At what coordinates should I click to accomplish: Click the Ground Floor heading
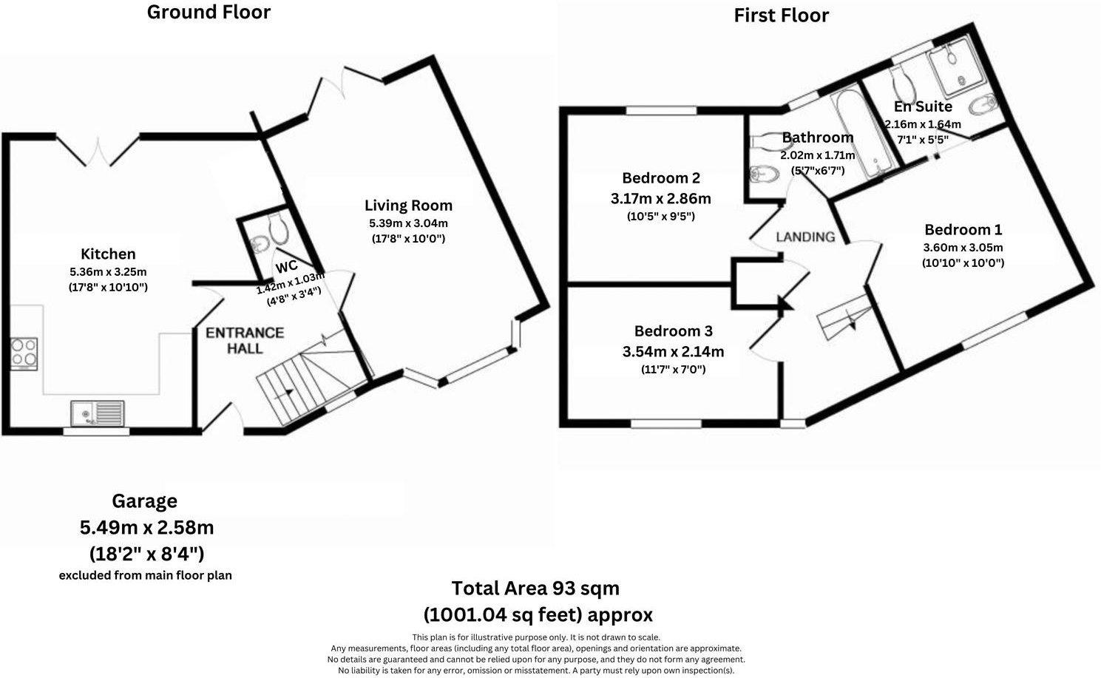pos(209,13)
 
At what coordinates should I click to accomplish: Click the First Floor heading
pos(781,16)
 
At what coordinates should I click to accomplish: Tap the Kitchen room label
pos(108,254)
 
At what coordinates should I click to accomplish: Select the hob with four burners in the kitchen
pos(24,353)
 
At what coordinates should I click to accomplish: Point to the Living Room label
pos(408,206)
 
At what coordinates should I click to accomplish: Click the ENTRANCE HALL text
pos(245,340)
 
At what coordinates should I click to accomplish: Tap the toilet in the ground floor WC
pos(277,228)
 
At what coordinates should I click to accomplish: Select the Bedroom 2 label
pos(660,178)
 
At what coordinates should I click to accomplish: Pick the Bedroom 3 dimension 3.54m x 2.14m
pos(673,351)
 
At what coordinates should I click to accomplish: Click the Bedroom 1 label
pos(963,230)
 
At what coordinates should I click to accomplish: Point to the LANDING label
pos(805,237)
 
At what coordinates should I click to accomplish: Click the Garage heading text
pos(144,501)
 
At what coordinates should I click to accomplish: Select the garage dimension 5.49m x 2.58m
pos(146,528)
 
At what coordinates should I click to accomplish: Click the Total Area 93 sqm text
pos(535,589)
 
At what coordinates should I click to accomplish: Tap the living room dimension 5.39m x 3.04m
pos(408,223)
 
